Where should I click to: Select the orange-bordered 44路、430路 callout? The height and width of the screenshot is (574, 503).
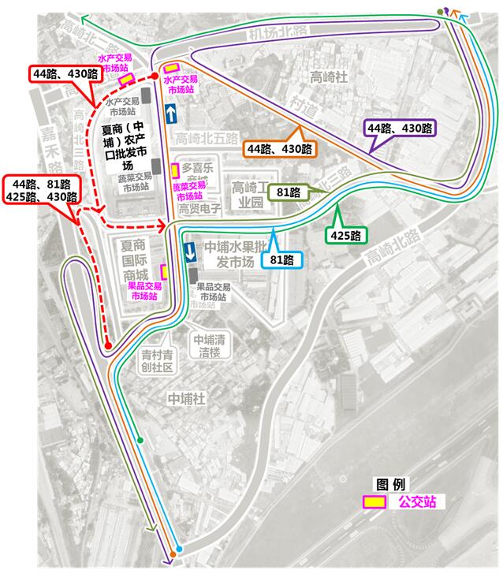279,148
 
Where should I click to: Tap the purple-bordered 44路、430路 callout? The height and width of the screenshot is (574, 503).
400,128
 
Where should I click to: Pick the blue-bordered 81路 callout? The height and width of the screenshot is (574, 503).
281,259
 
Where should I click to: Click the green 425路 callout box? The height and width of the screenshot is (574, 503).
344,235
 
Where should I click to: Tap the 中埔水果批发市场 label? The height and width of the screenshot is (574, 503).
233,253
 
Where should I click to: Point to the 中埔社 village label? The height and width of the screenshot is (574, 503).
186,400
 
